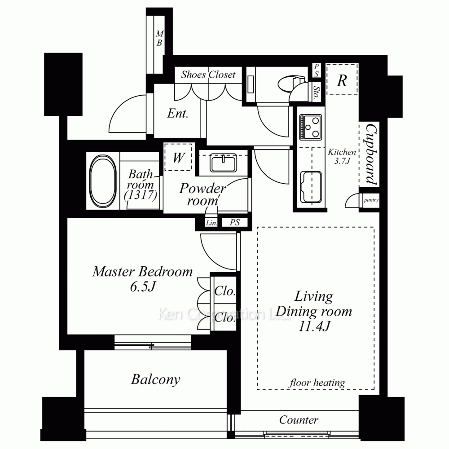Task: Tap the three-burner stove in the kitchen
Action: [x=310, y=127]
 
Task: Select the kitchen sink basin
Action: [x=311, y=187]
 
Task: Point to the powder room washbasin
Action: [x=223, y=163]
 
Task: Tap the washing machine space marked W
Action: [x=178, y=157]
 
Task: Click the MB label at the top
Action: [x=159, y=38]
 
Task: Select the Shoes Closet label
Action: [x=208, y=75]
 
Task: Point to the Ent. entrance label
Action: [x=178, y=114]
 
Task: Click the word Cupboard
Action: [x=371, y=154]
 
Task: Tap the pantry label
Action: [x=371, y=200]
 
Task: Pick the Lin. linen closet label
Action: [x=211, y=223]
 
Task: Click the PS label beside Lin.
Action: [x=234, y=222]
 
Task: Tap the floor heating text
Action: [x=317, y=383]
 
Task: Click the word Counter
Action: [x=299, y=420]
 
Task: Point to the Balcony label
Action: [x=156, y=379]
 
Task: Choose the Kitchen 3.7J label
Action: [x=342, y=156]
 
